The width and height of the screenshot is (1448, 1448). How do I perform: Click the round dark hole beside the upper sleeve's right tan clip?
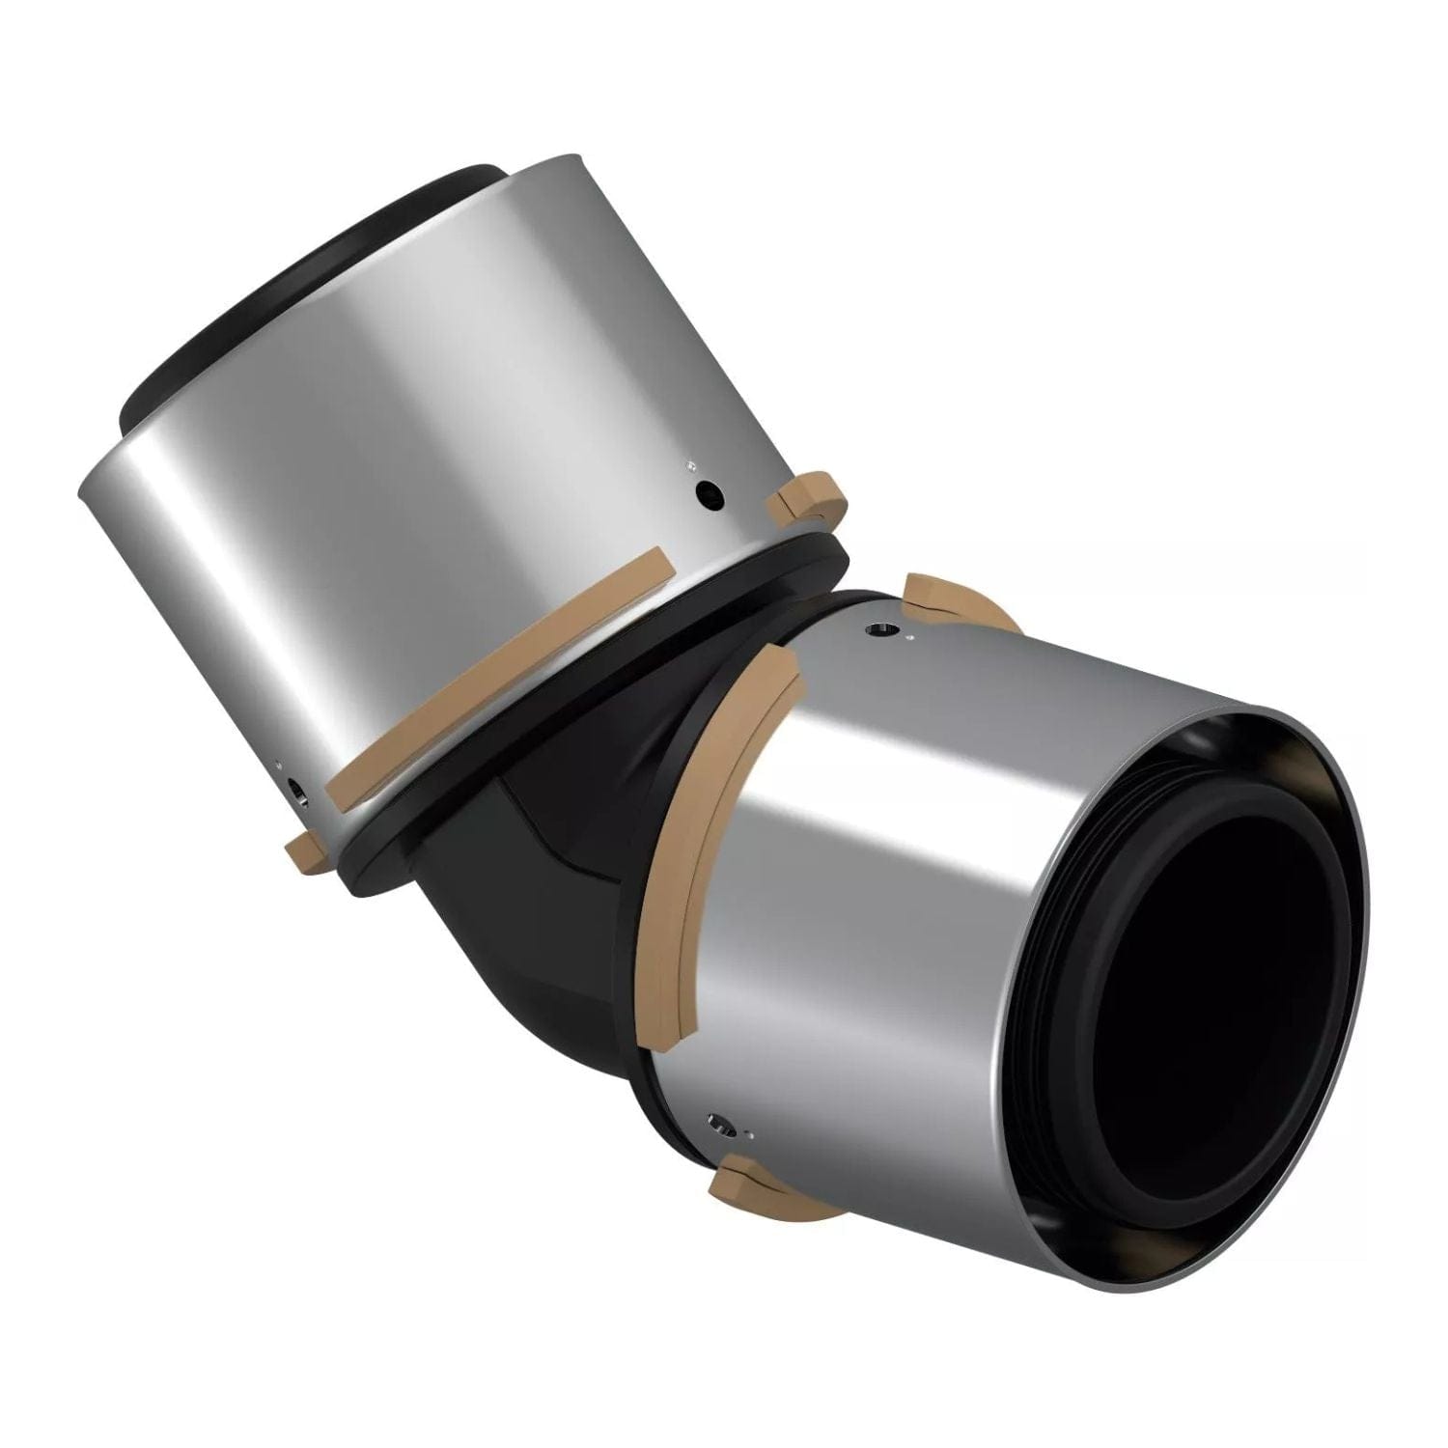point(712,496)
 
